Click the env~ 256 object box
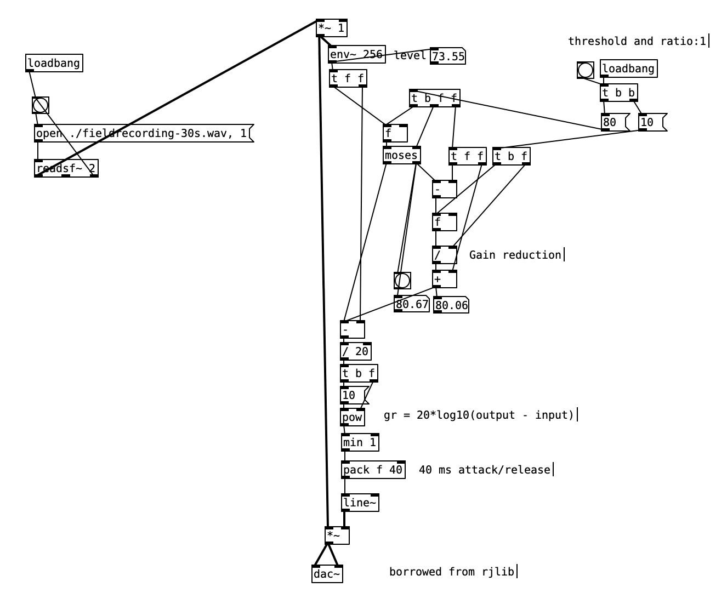[356, 54]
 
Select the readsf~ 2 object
[66, 169]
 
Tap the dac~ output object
[327, 574]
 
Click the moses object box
[401, 156]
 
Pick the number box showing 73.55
[447, 56]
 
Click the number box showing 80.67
[411, 304]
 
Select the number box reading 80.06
[451, 305]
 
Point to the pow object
[352, 417]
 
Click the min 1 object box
[360, 442]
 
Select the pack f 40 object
[373, 470]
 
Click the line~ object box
[360, 503]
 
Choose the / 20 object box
[355, 351]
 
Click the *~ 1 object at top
[331, 28]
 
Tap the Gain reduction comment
[515, 255]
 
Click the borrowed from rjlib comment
[452, 572]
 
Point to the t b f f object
[434, 99]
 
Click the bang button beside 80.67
[402, 281]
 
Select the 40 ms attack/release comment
[484, 470]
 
